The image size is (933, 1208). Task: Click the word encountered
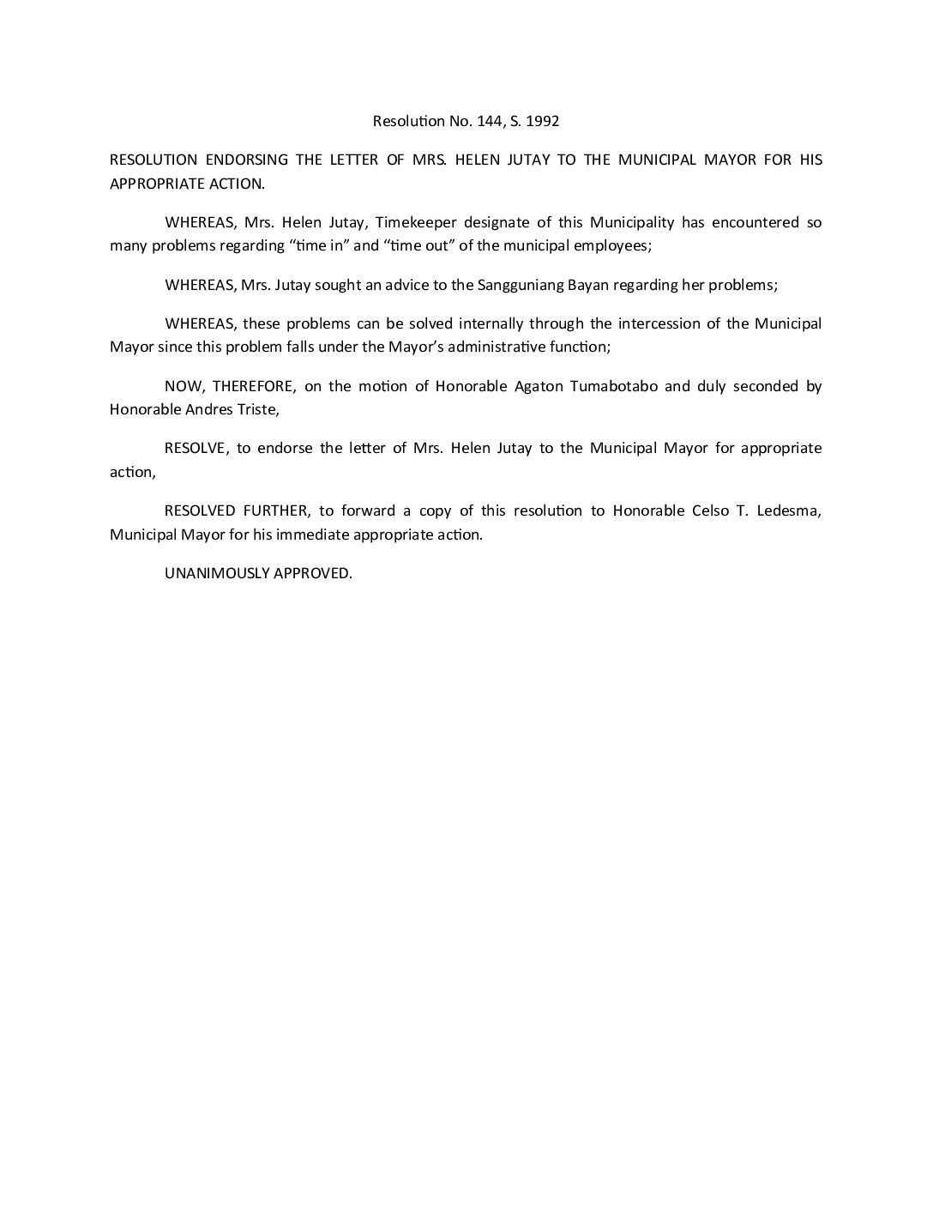tap(755, 222)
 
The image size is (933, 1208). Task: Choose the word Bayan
tap(588, 285)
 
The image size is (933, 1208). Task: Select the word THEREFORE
tap(253, 386)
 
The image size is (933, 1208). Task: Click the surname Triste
tap(259, 409)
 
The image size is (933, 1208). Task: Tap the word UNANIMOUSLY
tap(217, 573)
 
